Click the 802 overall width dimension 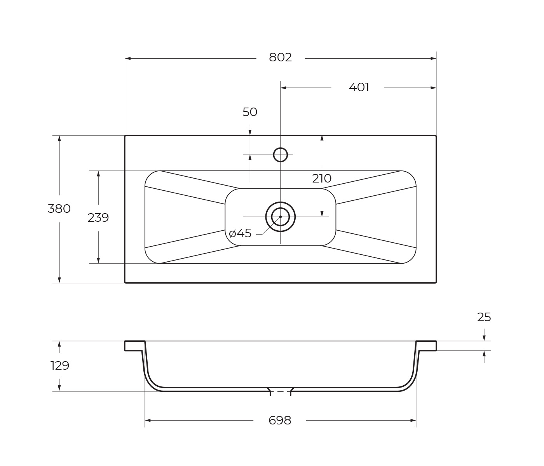point(280,57)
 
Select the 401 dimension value point(359,87)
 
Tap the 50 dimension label point(250,112)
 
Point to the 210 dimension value point(322,179)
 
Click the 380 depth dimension point(59,209)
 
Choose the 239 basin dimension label point(98,218)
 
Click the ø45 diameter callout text point(241,233)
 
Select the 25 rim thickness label point(484,317)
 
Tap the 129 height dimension point(60,365)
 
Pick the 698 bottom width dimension point(280,420)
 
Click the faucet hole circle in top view point(280,155)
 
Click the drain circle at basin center point(280,217)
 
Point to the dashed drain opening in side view point(280,391)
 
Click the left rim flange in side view point(134,346)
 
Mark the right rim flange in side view point(426,346)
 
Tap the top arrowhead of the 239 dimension point(98,174)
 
